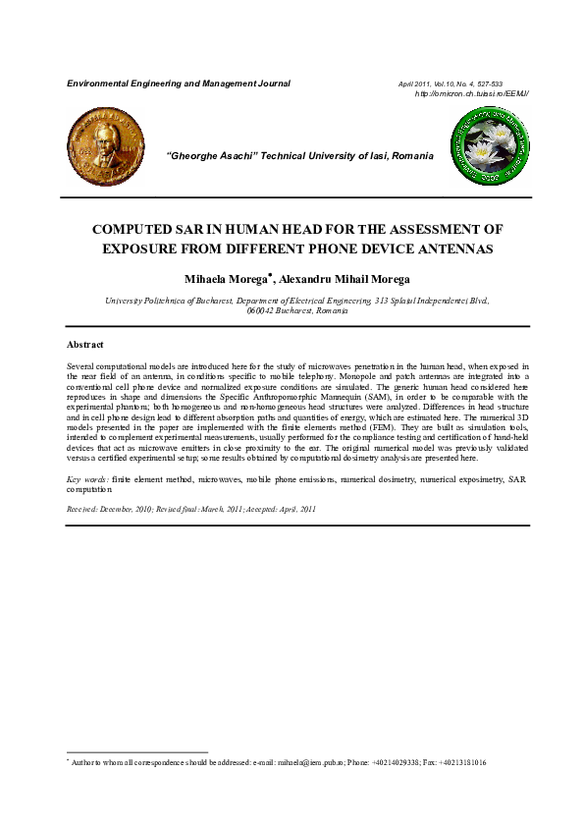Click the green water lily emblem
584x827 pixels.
(489, 148)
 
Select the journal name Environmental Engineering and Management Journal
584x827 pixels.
(178, 83)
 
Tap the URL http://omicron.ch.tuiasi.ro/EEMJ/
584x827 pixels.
(472, 93)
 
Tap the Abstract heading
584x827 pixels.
(84, 345)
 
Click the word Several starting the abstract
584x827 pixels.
(82, 364)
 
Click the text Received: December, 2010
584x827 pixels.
(113, 509)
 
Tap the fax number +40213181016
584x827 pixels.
(457, 762)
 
